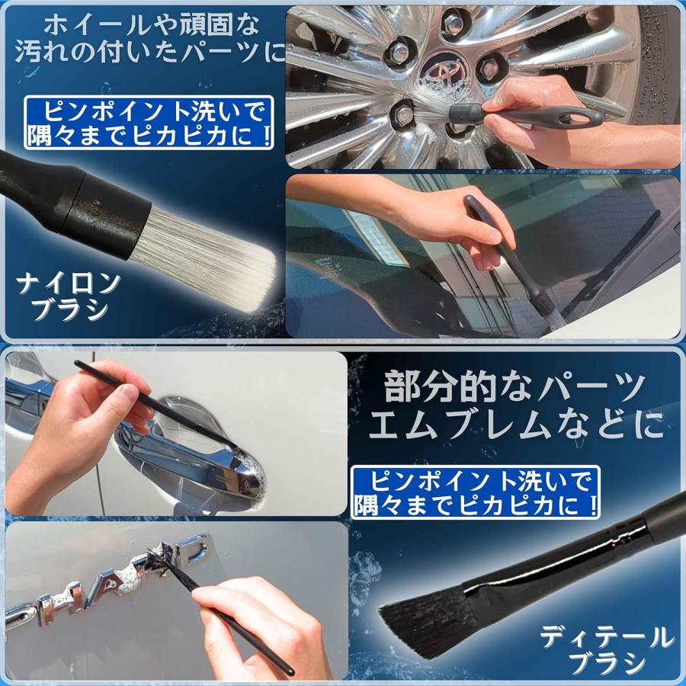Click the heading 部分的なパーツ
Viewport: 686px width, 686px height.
pos(514,389)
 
